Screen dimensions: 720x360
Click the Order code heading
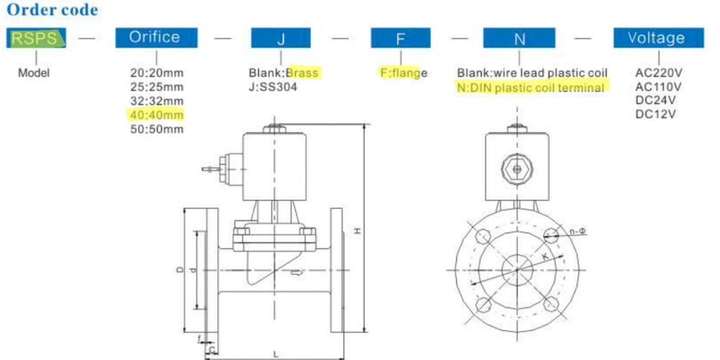pyautogui.click(x=52, y=9)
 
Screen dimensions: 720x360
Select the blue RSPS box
pyautogui.click(x=36, y=37)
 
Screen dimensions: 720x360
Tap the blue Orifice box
pyautogui.click(x=156, y=37)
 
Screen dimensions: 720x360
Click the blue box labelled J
pyautogui.click(x=281, y=37)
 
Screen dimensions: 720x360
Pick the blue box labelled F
pyautogui.click(x=400, y=37)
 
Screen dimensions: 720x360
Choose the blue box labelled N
pyautogui.click(x=519, y=37)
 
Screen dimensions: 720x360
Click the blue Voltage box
pyautogui.click(x=659, y=37)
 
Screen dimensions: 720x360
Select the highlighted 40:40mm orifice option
pyautogui.click(x=156, y=114)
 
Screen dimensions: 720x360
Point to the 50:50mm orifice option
pyautogui.click(x=156, y=129)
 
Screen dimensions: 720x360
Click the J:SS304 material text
pyautogui.click(x=273, y=87)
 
